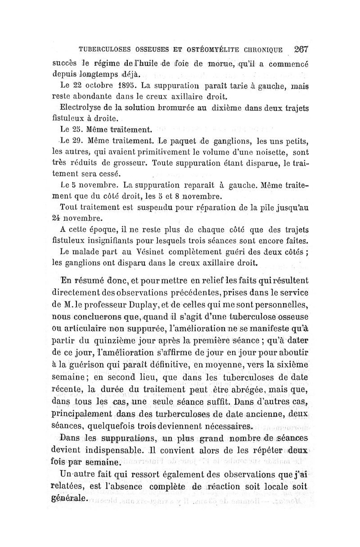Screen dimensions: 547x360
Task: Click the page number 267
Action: click(299, 49)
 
